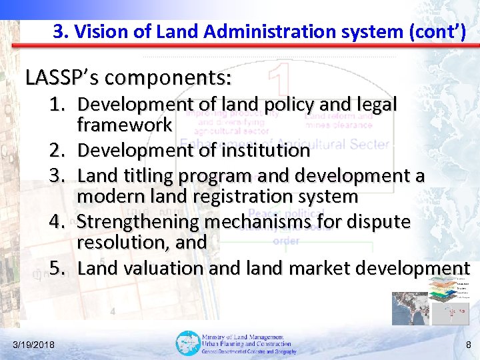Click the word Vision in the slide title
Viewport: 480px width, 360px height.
(x=96, y=31)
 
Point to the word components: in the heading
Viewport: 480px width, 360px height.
(x=168, y=78)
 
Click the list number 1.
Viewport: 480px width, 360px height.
(x=58, y=105)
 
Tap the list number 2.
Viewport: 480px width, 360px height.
(x=58, y=151)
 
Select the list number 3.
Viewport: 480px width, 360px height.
(x=58, y=175)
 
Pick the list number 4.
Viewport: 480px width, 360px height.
(x=58, y=221)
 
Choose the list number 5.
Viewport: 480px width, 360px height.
(x=58, y=268)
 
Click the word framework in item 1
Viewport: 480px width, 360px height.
(x=125, y=125)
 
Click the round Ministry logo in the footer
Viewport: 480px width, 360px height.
(x=187, y=343)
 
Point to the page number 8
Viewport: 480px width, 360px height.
(x=468, y=344)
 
